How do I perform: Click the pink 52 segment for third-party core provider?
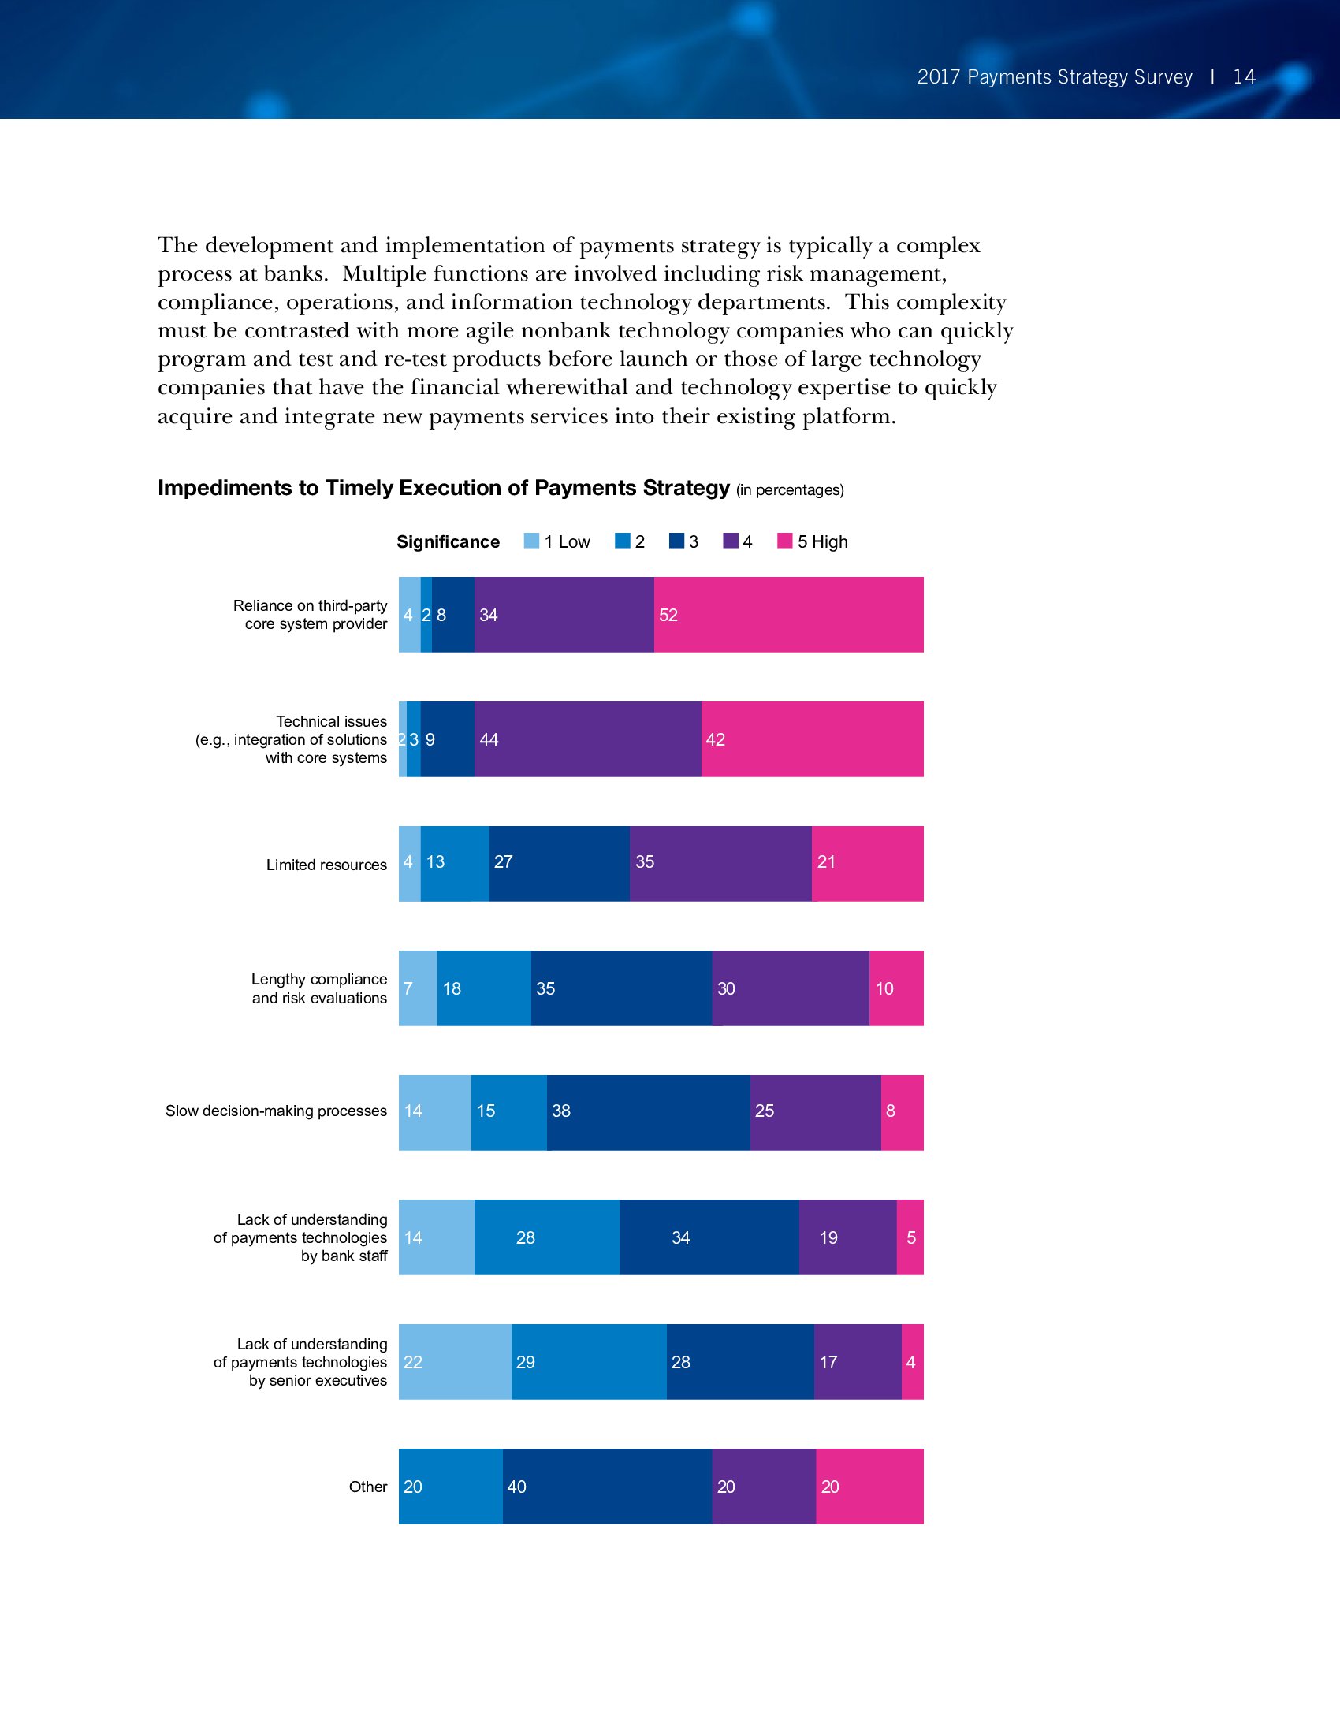[x=788, y=615]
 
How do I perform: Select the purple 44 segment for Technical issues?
[x=587, y=739]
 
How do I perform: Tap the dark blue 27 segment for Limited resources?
[x=559, y=863]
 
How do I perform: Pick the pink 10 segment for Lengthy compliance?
[x=895, y=988]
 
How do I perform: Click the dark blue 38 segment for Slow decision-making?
[x=648, y=1111]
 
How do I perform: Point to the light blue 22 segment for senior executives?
[x=454, y=1362]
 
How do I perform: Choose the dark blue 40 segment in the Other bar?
[x=606, y=1487]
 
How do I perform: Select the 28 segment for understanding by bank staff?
[x=546, y=1237]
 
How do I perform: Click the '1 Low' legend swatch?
[x=532, y=541]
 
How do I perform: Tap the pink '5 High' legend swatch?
[x=784, y=541]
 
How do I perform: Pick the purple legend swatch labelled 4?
[x=731, y=541]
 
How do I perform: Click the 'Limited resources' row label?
[x=326, y=865]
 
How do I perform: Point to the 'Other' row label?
[x=367, y=1487]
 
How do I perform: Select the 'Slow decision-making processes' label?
[x=275, y=1111]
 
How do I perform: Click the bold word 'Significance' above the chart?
[x=448, y=541]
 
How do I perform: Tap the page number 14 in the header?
[x=1244, y=77]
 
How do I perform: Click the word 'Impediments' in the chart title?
[x=225, y=487]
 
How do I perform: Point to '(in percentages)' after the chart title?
[x=789, y=490]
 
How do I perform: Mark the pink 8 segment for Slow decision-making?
[x=902, y=1111]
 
